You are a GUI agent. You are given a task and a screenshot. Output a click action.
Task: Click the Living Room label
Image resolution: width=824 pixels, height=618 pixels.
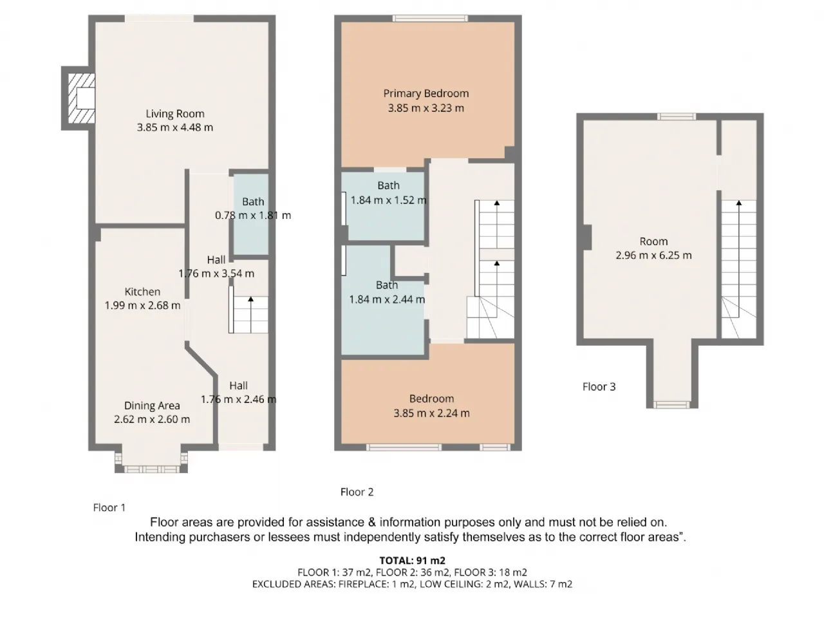175,114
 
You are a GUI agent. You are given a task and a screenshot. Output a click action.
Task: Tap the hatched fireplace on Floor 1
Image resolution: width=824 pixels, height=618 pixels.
82,98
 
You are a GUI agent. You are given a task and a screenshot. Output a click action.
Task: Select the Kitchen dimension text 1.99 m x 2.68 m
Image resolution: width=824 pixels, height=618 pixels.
142,305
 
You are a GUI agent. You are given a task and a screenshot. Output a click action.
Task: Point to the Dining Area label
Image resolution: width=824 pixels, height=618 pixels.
152,406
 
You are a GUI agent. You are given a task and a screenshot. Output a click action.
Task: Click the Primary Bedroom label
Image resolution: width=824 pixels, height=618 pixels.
426,94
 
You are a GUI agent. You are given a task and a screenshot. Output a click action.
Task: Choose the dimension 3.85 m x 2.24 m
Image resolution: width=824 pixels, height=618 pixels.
431,413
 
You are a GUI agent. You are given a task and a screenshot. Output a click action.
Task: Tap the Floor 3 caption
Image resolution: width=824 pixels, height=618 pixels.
599,387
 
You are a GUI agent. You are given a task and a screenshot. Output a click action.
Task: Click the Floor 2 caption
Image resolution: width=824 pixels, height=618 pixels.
357,492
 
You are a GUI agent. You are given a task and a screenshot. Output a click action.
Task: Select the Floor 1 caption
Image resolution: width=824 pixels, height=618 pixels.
109,508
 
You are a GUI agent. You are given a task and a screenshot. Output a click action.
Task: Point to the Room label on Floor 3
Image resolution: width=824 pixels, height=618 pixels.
653,241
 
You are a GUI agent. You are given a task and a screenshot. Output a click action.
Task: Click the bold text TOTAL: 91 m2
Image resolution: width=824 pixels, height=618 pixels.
412,561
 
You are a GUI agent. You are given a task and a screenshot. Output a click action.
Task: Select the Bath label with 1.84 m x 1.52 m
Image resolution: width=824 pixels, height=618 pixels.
389,186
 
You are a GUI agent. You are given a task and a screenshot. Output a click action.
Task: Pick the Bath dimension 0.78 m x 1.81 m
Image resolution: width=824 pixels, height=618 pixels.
253,216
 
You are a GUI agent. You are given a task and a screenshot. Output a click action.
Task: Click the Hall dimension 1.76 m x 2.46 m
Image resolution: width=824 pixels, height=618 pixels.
239,399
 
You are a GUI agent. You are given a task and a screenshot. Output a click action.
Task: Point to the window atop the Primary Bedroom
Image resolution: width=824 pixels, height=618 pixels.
431,18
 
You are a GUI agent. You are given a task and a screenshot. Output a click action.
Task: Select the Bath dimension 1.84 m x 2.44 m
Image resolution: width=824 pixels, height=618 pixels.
387,299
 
